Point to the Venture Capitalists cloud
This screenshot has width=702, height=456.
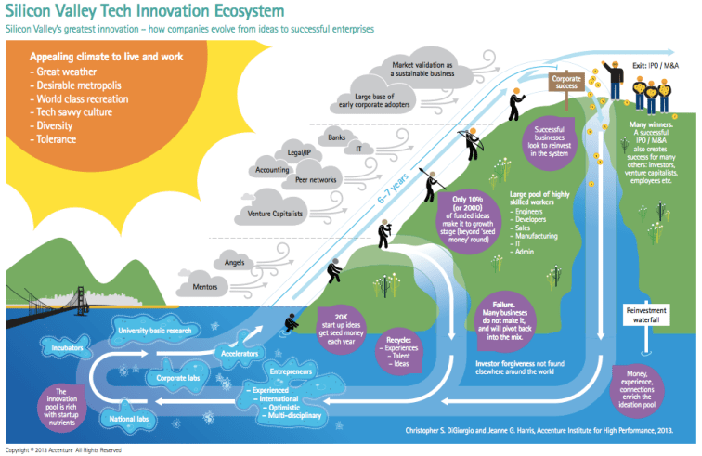click(x=273, y=215)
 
